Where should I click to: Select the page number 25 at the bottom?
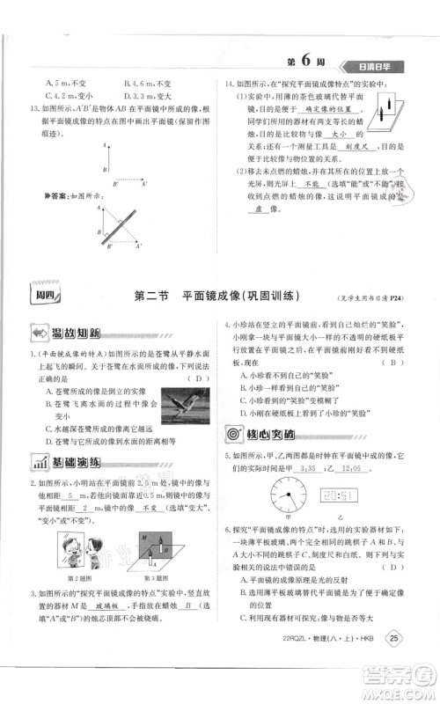[x=395, y=663]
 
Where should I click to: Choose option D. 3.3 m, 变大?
[x=145, y=95]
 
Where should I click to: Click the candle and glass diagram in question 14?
[x=384, y=114]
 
